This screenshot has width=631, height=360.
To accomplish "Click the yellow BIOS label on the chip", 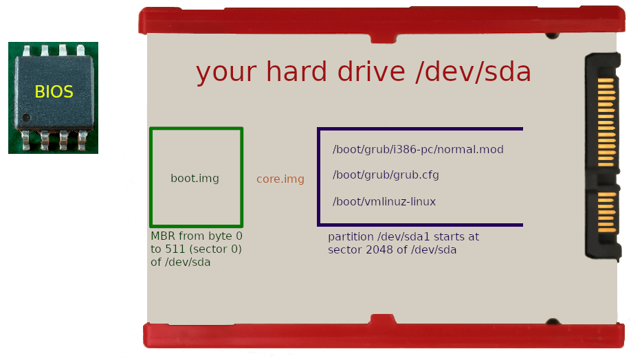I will tap(54, 91).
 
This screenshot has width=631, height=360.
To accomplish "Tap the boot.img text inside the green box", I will tap(195, 179).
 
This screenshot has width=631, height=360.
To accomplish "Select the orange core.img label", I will tap(280, 179).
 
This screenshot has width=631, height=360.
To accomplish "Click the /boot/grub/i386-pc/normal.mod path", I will tap(418, 150).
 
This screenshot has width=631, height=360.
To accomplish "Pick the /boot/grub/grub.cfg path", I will tap(386, 175).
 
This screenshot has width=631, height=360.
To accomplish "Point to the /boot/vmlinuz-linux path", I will tap(384, 202).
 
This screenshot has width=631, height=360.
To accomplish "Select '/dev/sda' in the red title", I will tap(474, 71).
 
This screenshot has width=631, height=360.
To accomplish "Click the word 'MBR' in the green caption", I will tap(164, 236).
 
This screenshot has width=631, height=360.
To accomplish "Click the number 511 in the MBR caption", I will tap(177, 249).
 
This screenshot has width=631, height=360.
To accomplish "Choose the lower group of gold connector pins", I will tap(606, 212).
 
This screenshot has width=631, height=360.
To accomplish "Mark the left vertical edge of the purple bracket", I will tap(319, 177).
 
